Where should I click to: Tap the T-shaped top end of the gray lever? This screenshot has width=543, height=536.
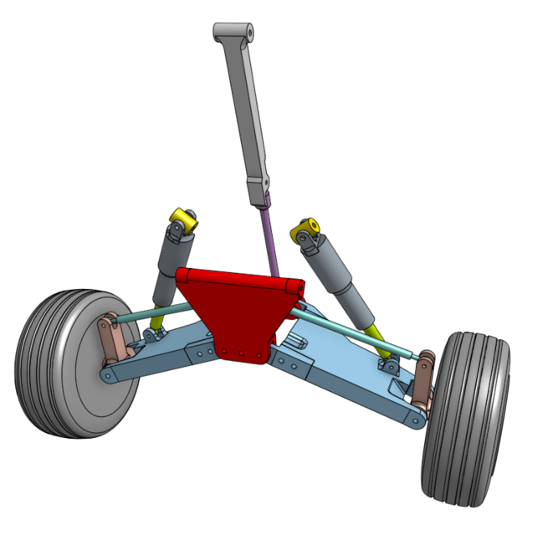(234, 31)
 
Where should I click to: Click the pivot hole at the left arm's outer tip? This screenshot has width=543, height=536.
(105, 376)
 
